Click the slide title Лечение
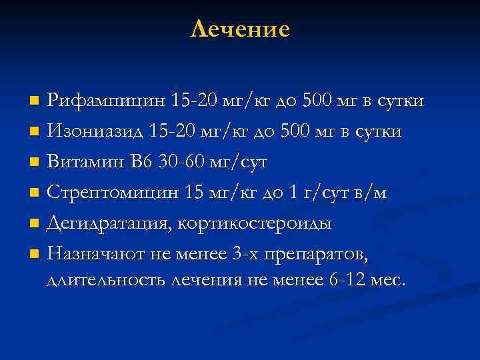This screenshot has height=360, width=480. coord(240,29)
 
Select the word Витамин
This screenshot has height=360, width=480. coord(85,162)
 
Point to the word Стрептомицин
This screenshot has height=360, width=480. coord(113,193)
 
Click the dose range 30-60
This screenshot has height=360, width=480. coord(183,162)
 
